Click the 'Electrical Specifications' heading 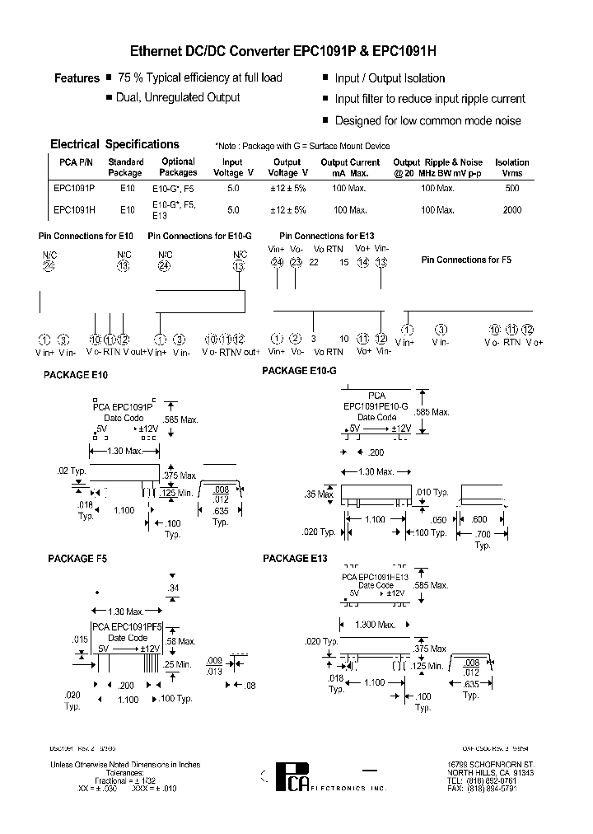pyautogui.click(x=114, y=144)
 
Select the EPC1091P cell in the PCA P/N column pyautogui.click(x=74, y=188)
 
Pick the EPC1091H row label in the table pyautogui.click(x=74, y=210)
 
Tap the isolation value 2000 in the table pyautogui.click(x=512, y=210)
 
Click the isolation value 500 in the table pyautogui.click(x=512, y=188)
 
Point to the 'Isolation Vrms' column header pyautogui.click(x=512, y=168)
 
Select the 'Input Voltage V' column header pyautogui.click(x=232, y=168)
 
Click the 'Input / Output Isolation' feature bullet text pyautogui.click(x=390, y=79)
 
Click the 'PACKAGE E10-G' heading pyautogui.click(x=299, y=371)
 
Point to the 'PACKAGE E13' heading pyautogui.click(x=295, y=559)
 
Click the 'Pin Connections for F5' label pyautogui.click(x=466, y=260)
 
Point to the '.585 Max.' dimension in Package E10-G pyautogui.click(x=432, y=412)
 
